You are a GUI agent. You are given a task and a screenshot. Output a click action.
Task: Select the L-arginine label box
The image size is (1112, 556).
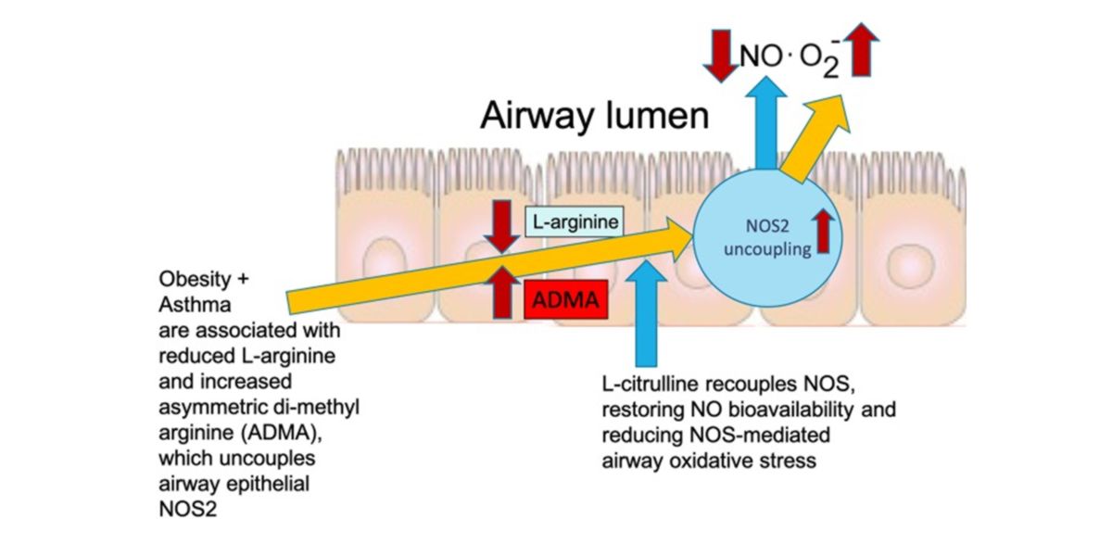573,222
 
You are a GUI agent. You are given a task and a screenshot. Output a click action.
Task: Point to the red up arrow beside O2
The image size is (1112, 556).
862,50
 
